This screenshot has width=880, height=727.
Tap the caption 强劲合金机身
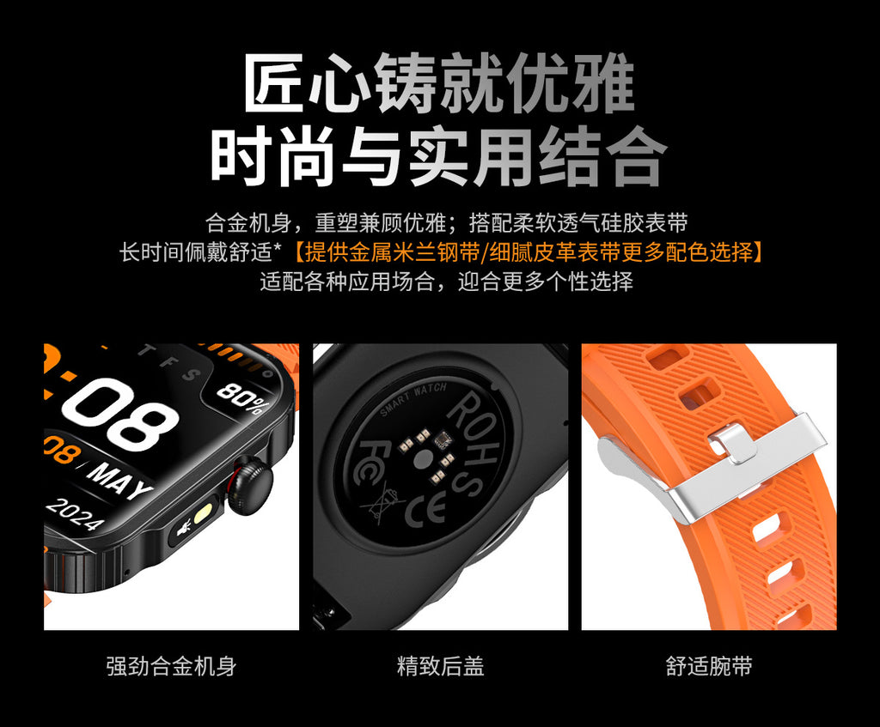pyautogui.click(x=171, y=665)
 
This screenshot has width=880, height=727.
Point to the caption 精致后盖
pyautogui.click(x=440, y=665)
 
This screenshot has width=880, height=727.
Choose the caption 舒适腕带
pyautogui.click(x=709, y=665)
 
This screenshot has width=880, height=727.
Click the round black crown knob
pyautogui.click(x=250, y=485)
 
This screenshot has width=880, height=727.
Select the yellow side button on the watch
pyautogui.click(x=205, y=516)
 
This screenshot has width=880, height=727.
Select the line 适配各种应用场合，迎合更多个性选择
pyautogui.click(x=446, y=282)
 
